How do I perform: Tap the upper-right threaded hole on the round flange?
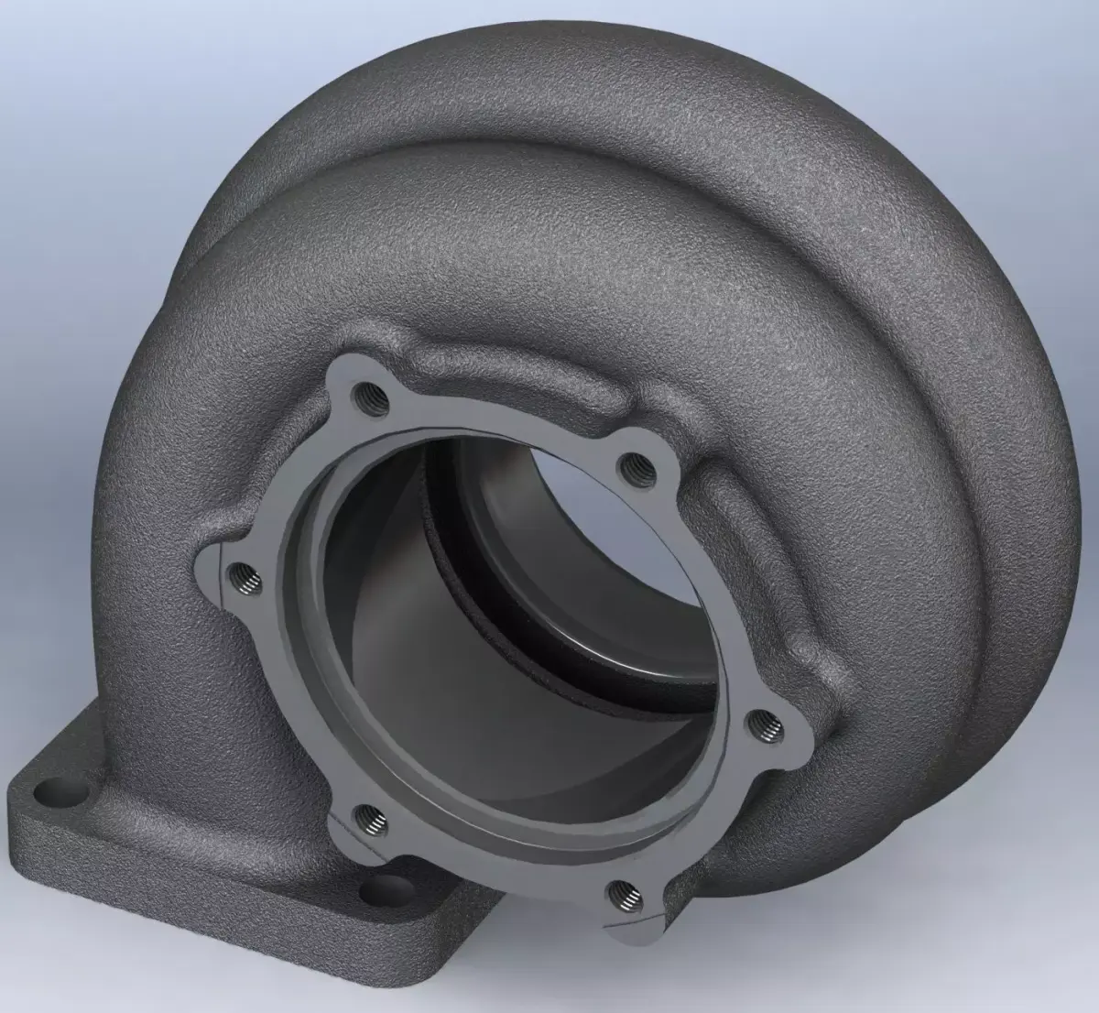click(x=634, y=470)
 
